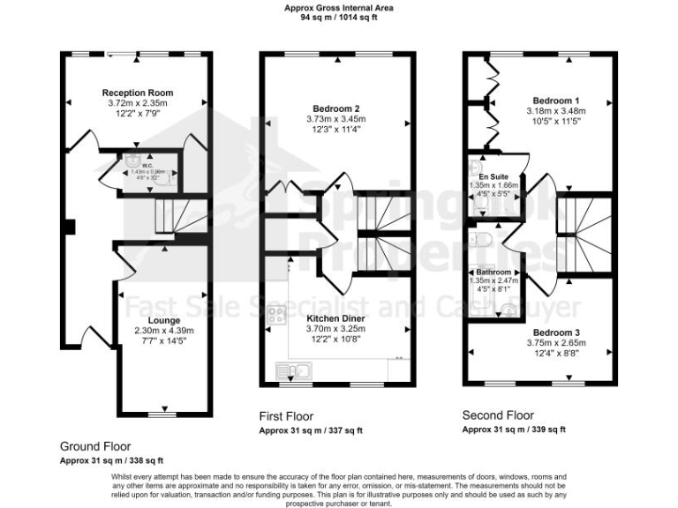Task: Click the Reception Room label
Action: pos(137,93)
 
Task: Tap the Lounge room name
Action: pos(164,320)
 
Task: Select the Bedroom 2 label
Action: pos(339,108)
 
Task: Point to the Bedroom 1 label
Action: pos(556,101)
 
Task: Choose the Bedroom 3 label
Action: pos(556,332)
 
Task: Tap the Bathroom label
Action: pos(493,272)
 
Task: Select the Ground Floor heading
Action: pos(95,447)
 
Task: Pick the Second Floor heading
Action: pos(499,415)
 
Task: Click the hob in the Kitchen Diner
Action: pos(276,316)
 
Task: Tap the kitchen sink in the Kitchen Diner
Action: pos(289,370)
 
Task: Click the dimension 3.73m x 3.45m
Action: pos(339,119)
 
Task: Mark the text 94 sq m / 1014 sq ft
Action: pos(339,17)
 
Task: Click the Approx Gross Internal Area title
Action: pos(339,7)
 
